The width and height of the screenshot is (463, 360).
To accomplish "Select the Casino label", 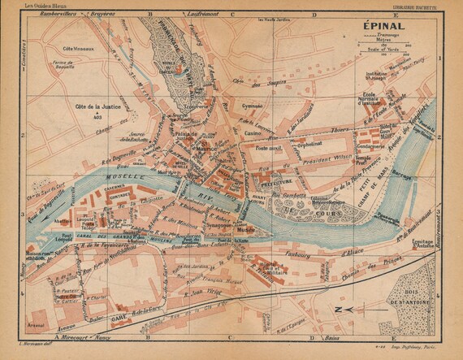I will [253, 132].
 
